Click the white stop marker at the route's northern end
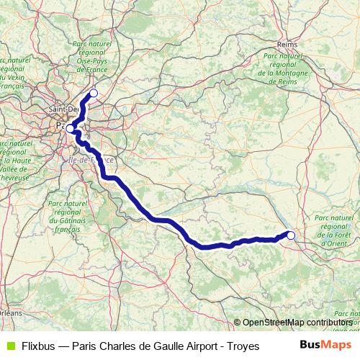point(93,94)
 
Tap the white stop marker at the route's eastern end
point(291,235)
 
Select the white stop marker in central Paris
point(70,129)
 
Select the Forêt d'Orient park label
point(333,229)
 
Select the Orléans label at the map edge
point(10,314)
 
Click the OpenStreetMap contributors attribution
point(297,322)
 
